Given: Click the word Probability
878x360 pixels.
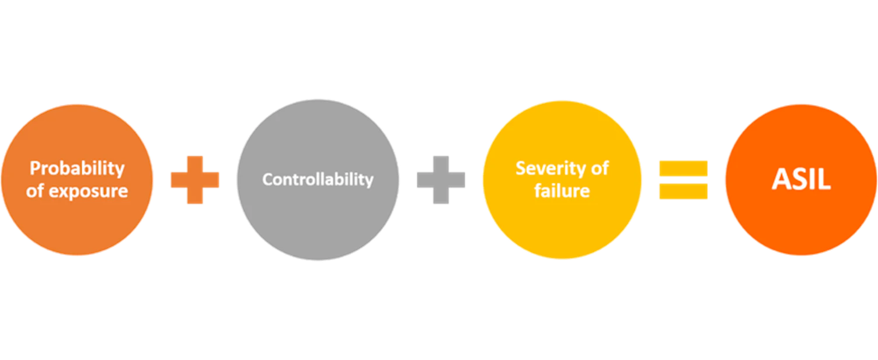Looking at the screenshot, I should pyautogui.click(x=77, y=169).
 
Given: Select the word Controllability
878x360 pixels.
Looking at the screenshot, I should pyautogui.click(x=318, y=179).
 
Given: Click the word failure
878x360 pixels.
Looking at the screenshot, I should pyautogui.click(x=562, y=190).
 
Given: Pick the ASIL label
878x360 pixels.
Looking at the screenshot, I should pyautogui.click(x=801, y=180).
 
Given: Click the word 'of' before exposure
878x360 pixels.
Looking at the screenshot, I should pyautogui.click(x=35, y=191).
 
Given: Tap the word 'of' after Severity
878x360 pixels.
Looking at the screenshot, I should pyautogui.click(x=599, y=169).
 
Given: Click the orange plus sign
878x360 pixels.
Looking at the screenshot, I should pyautogui.click(x=194, y=180).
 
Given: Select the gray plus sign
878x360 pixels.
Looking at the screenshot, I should pyautogui.click(x=441, y=180).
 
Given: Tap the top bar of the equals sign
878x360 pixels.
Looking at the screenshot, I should pyautogui.click(x=684, y=169).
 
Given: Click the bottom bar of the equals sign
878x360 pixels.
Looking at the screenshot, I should pyautogui.click(x=684, y=191).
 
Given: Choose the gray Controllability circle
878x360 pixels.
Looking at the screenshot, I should pyautogui.click(x=319, y=222).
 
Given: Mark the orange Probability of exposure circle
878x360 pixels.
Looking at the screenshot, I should pyautogui.click(x=77, y=225).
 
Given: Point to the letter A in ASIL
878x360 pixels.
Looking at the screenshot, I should pyautogui.click(x=782, y=180).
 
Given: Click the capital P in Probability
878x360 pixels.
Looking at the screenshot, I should pyautogui.click(x=35, y=169).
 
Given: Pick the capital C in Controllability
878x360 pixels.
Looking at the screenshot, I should pyautogui.click(x=267, y=179).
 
